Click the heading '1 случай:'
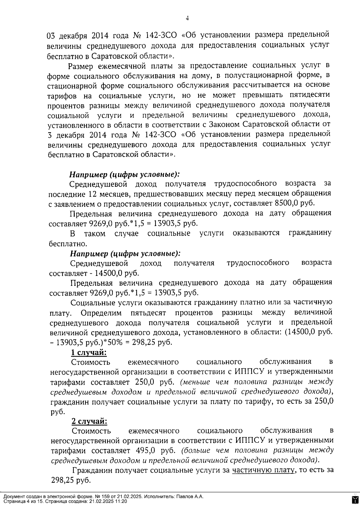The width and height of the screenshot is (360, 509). (89, 352)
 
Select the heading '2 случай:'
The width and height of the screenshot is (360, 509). (89, 421)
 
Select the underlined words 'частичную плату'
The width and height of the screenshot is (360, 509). (263, 470)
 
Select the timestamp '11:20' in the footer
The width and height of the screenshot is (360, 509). (121, 501)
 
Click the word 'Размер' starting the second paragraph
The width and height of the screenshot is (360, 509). (80, 66)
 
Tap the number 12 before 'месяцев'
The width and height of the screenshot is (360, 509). (92, 193)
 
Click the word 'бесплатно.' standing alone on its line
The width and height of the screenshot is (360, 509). (64, 243)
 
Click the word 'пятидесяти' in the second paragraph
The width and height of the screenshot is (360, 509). (310, 95)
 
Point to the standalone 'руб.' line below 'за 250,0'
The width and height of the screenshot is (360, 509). (58, 412)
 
